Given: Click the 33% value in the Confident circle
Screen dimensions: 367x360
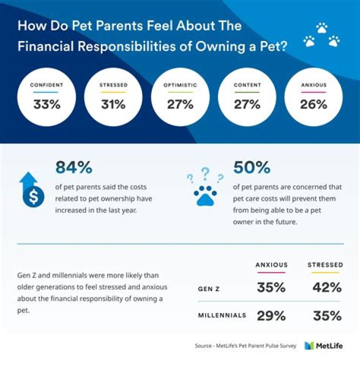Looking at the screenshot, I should click(46, 104).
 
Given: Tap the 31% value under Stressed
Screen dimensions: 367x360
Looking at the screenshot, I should click(113, 104).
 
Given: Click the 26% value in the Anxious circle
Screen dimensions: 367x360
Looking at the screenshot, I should click(313, 104).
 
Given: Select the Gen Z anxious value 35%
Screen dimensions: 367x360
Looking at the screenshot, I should click(271, 287).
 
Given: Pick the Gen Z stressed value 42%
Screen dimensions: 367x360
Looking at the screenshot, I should click(327, 287).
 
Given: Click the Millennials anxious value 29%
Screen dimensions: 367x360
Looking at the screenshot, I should click(271, 315).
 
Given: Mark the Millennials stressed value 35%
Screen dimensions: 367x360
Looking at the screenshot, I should click(327, 315).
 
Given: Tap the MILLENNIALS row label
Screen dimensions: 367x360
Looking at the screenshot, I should click(222, 316).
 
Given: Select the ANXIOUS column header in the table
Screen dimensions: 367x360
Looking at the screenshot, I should click(271, 264).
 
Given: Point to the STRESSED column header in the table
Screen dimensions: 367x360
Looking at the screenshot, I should click(325, 264).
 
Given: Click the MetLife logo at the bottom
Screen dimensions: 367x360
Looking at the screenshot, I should click(323, 345).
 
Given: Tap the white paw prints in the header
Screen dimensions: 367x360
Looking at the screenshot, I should click(321, 35).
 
